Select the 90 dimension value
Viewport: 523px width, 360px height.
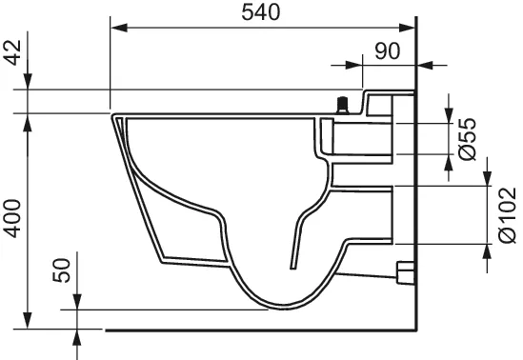(386, 50)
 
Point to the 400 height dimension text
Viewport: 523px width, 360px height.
(12, 222)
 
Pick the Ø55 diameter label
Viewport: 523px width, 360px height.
(467, 138)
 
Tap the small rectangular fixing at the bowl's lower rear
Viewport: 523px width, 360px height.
(404, 274)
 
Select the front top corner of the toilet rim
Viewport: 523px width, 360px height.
(113, 116)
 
